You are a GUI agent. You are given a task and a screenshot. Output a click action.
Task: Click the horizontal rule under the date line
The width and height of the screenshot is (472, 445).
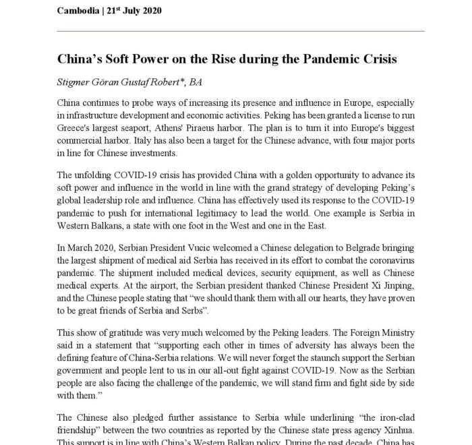click(x=241, y=31)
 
